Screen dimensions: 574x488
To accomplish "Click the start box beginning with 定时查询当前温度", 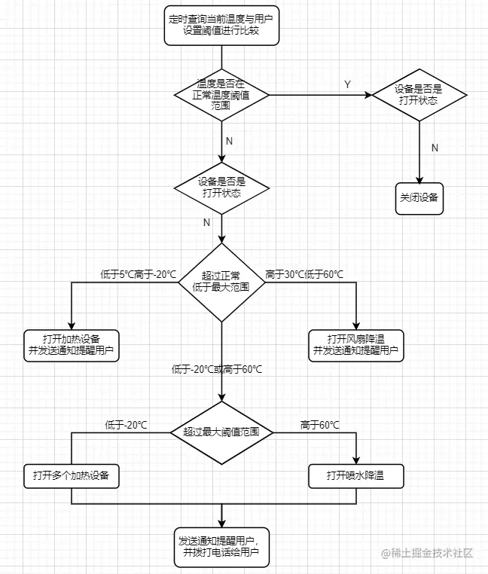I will tap(221, 26).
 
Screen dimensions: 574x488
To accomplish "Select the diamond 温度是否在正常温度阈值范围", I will tap(221, 95).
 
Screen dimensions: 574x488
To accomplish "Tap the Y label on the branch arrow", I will tap(347, 85).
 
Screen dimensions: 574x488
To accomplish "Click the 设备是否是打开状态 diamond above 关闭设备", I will tap(419, 95).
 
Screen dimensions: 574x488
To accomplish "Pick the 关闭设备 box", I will tap(419, 199).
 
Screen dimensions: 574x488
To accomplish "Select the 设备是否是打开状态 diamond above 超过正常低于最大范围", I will tap(221, 188).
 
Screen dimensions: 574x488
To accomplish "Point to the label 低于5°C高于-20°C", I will tap(138, 273).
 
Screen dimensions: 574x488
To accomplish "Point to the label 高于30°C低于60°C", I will tap(304, 273).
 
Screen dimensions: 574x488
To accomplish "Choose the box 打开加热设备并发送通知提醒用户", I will tap(72, 344).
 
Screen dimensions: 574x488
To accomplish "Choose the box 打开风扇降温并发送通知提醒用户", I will tap(357, 344).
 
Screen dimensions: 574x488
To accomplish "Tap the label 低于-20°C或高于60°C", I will tap(217, 369).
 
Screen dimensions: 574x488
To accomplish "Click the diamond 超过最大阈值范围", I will tap(221, 432).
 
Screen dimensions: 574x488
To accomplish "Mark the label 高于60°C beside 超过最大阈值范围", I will tap(319, 426).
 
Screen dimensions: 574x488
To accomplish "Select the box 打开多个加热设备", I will tap(72, 475).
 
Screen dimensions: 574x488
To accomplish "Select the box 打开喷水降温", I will tap(357, 475).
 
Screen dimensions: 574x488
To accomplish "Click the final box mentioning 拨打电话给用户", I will tap(221, 546).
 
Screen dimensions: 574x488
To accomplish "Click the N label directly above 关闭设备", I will tap(435, 148).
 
